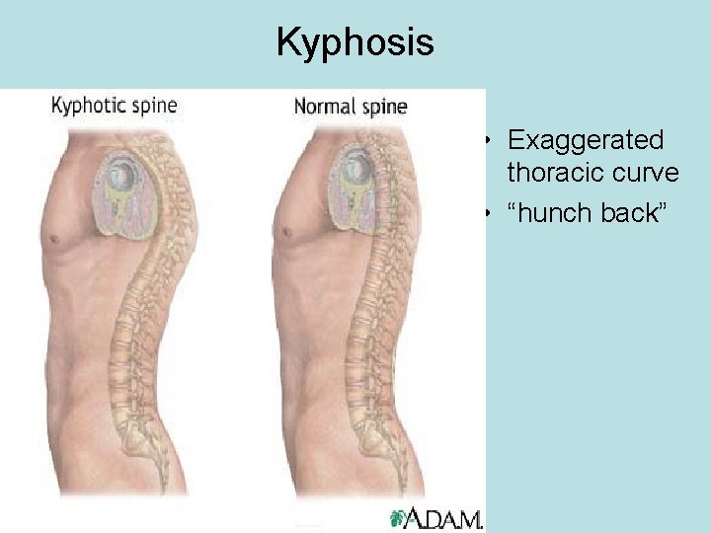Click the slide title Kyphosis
coord(355,42)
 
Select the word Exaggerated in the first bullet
coord(585,140)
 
